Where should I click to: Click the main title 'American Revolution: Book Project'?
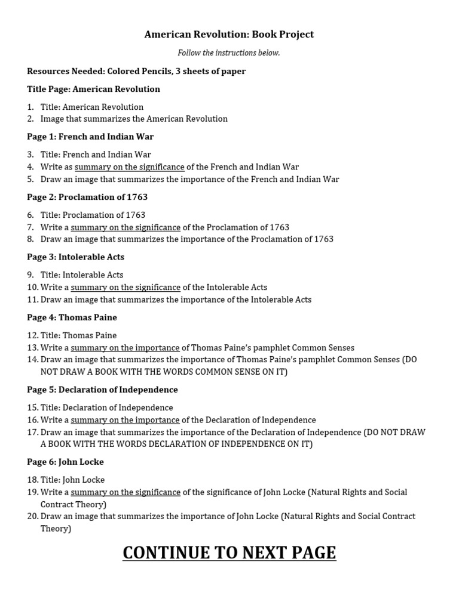[x=229, y=35]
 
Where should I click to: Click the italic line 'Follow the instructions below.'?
[x=229, y=53]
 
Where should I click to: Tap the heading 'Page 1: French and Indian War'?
[x=90, y=137]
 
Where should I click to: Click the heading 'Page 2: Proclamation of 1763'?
[x=87, y=197]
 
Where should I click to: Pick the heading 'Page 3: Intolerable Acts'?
[x=76, y=257]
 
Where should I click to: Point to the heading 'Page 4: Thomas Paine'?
[x=72, y=317]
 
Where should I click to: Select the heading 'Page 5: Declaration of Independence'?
[x=102, y=390]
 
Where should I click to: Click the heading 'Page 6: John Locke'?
[x=65, y=462]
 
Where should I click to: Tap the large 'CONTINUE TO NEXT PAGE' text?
[x=229, y=553]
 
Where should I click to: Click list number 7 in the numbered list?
[x=30, y=227]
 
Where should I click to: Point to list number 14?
[x=32, y=360]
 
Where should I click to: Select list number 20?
[x=32, y=516]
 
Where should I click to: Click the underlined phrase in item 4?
[x=129, y=167]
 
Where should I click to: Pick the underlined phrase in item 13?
[x=125, y=348]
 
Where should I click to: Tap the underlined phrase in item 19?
[x=126, y=492]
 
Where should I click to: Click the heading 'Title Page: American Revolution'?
[x=93, y=89]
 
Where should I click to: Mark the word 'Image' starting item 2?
[x=52, y=119]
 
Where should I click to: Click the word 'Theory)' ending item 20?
[x=56, y=529]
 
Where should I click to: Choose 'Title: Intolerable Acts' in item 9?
[x=82, y=275]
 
